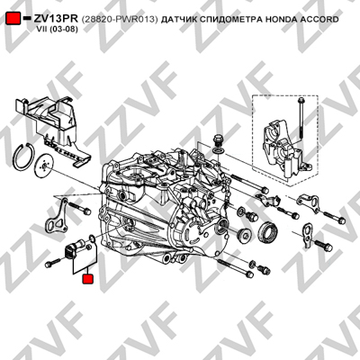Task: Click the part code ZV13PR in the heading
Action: pyautogui.click(x=56, y=19)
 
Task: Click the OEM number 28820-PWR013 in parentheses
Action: pyautogui.click(x=120, y=20)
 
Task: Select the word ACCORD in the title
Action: pyautogui.click(x=319, y=20)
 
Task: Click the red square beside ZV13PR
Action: pyautogui.click(x=13, y=19)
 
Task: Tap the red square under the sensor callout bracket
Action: pyautogui.click(x=88, y=279)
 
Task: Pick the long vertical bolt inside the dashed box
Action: pyautogui.click(x=300, y=119)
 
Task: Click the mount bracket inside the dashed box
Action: pyautogui.click(x=283, y=150)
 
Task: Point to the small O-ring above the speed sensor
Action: pyautogui.click(x=93, y=238)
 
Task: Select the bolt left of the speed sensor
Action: pyautogui.click(x=52, y=263)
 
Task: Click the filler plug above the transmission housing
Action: pyautogui.click(x=217, y=140)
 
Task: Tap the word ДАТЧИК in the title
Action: pyautogui.click(x=177, y=20)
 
